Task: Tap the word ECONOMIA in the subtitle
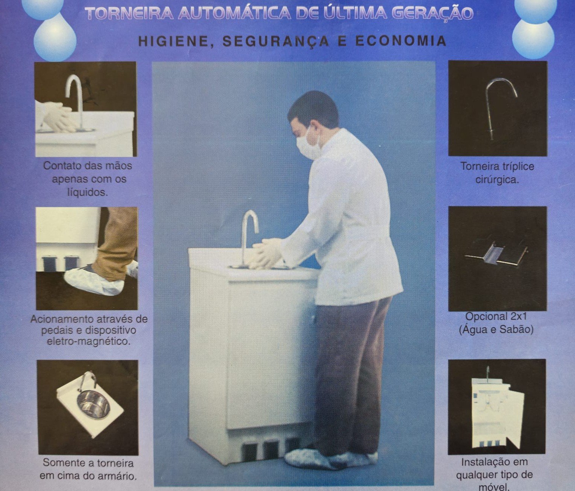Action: pos(401,41)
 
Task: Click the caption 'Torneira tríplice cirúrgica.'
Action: pos(497,173)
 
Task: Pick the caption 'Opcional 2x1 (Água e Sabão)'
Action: pos(496,323)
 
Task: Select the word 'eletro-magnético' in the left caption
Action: pos(89,342)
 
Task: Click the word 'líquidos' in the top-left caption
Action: pos(87,192)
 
